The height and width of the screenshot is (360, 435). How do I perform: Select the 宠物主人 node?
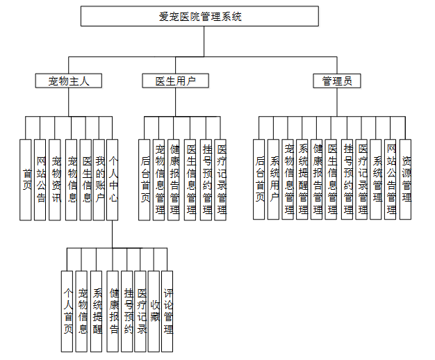click(69, 81)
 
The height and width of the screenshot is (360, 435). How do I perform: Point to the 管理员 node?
click(337, 81)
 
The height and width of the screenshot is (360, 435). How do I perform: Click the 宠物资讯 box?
click(56, 179)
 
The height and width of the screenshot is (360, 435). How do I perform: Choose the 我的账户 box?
click(99, 179)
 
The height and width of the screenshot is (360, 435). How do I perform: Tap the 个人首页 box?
click(67, 311)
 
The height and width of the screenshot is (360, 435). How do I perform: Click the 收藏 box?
click(154, 311)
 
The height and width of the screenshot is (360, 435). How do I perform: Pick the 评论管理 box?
click(168, 311)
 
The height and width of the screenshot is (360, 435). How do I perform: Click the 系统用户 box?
click(274, 179)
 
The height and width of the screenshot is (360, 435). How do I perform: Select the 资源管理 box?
click(405, 179)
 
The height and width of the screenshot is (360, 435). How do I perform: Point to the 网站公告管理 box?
click(391, 179)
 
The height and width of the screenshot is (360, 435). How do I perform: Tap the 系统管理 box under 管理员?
click(376, 179)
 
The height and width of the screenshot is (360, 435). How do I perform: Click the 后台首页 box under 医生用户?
click(145, 179)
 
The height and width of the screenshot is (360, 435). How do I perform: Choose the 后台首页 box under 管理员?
click(259, 179)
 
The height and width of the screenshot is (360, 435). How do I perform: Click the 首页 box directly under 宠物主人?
click(26, 179)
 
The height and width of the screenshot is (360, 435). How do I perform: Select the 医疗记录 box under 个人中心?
click(140, 311)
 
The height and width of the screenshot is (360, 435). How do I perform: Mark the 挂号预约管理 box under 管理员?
click(347, 179)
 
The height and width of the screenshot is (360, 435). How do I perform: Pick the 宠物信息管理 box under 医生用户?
click(159, 179)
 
